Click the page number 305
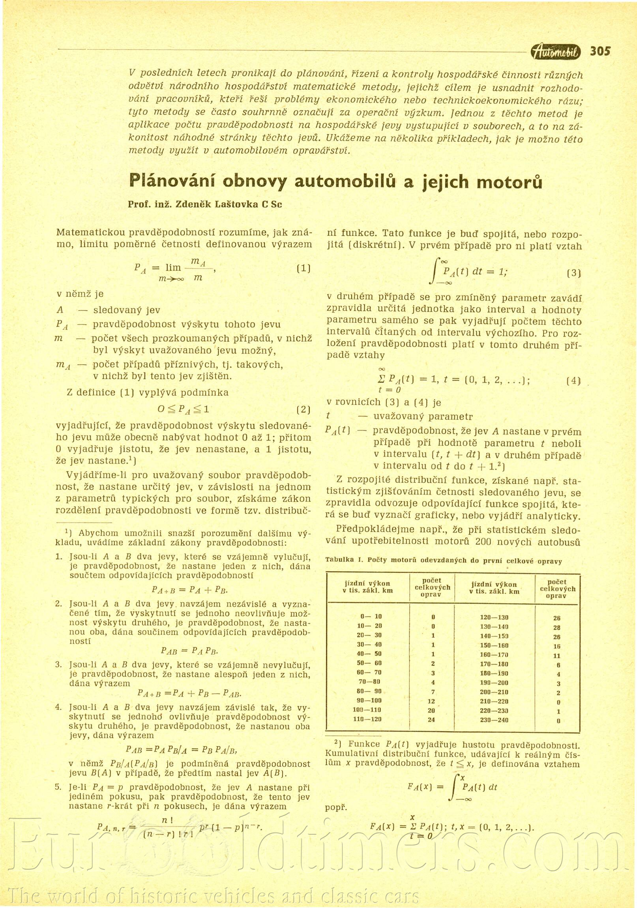(600, 51)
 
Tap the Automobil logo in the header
(556, 52)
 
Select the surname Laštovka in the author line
(236, 204)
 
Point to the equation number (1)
(303, 268)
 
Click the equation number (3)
(573, 272)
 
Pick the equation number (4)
(573, 381)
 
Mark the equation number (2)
(303, 410)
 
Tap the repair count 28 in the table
(557, 628)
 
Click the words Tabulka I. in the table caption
(344, 560)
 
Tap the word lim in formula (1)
(173, 268)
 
